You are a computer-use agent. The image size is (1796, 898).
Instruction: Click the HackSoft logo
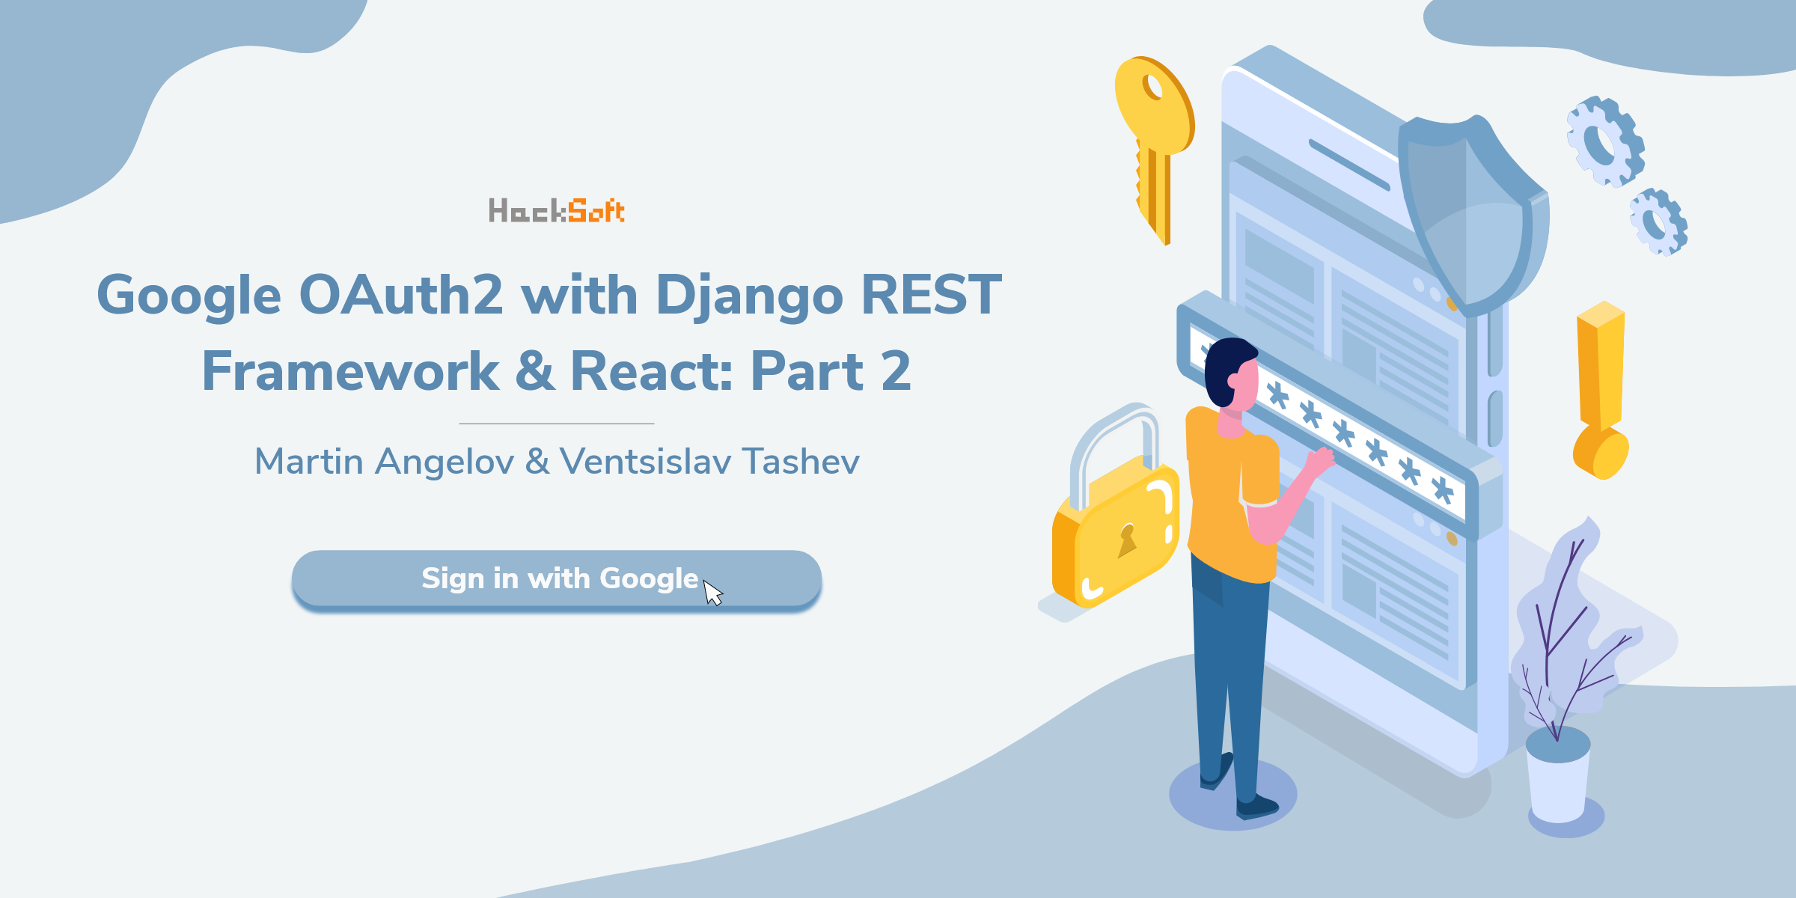coord(557,210)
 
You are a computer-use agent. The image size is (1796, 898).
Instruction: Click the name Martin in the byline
coord(309,461)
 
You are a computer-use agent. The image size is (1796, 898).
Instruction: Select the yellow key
coord(1154,147)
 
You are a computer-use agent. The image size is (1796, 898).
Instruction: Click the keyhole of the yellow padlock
coord(1127,540)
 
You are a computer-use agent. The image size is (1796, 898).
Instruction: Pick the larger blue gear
coord(1605,141)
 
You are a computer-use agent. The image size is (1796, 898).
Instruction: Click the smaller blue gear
coord(1658,222)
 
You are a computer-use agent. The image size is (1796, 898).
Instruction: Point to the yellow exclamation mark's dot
coord(1601,453)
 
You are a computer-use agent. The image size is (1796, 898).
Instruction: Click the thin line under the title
coord(557,424)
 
